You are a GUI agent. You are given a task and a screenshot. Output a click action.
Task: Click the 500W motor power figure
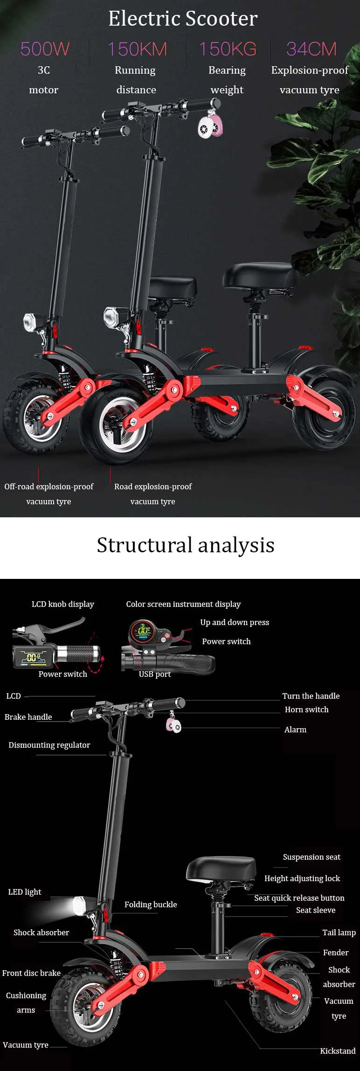[45, 49]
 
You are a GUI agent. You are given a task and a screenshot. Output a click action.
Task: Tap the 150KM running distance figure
[137, 49]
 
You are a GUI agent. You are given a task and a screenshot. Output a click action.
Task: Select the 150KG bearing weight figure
[228, 49]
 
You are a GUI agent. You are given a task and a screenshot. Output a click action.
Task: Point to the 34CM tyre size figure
[311, 49]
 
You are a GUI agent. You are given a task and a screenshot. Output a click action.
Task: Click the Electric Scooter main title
[183, 19]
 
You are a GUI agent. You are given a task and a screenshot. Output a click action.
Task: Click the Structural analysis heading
[185, 545]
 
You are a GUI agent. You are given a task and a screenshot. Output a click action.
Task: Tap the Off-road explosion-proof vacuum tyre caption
[48, 494]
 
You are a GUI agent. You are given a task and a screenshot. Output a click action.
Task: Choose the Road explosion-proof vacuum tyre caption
[153, 494]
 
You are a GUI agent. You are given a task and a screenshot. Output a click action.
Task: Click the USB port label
[155, 674]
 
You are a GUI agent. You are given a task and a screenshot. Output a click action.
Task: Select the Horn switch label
[306, 709]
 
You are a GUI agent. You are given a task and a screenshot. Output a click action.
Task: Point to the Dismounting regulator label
[49, 745]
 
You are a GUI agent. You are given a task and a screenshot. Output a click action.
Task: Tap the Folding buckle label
[151, 904]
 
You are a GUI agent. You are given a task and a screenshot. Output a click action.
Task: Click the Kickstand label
[338, 1051]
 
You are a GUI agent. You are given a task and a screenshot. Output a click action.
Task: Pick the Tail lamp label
[339, 932]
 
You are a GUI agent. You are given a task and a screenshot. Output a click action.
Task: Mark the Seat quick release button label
[299, 898]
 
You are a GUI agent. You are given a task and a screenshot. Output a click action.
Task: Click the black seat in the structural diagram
[221, 869]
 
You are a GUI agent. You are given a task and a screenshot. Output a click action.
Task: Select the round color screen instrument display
[141, 633]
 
